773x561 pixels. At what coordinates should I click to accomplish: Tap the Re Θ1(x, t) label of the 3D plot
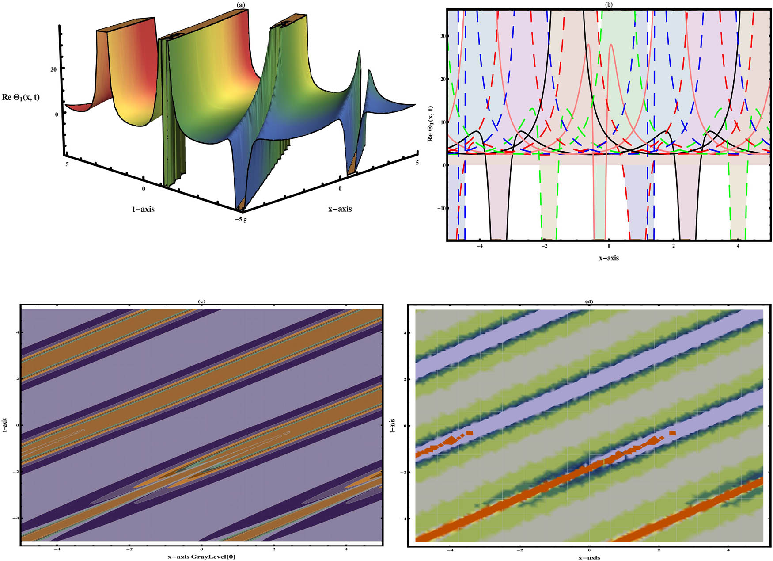coord(21,97)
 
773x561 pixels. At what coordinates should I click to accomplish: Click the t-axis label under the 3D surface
coord(144,209)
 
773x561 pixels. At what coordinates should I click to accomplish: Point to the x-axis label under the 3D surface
coord(340,209)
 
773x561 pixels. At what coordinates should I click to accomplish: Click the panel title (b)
coord(609,4)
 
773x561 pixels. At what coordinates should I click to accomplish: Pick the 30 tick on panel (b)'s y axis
coord(442,36)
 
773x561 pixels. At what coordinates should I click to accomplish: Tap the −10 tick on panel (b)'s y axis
coord(440,208)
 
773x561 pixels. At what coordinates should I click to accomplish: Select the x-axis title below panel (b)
coord(609,258)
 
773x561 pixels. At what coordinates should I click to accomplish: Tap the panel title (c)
coord(201,301)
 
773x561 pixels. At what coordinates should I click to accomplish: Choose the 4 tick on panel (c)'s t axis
coord(16,332)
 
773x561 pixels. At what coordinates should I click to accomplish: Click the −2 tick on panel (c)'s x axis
coord(129,550)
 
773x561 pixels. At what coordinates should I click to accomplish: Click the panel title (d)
coord(589,301)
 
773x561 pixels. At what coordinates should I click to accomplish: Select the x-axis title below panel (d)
coord(589,557)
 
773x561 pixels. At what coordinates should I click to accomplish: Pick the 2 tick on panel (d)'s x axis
coord(659,550)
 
